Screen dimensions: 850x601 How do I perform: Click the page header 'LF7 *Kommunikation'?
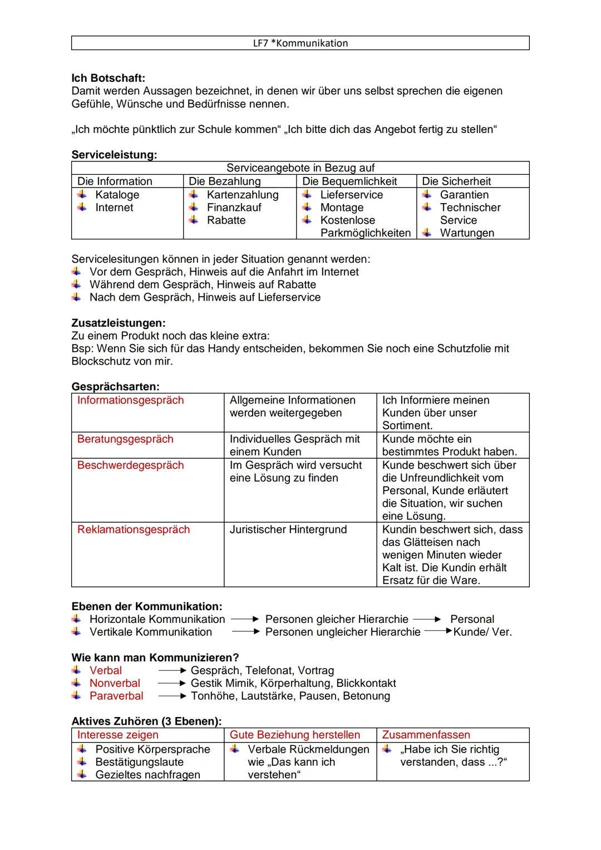tap(300, 43)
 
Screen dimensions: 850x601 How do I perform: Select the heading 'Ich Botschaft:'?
tap(108, 78)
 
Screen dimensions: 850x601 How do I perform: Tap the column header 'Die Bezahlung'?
tap(224, 181)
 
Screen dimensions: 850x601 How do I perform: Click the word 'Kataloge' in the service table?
tap(117, 195)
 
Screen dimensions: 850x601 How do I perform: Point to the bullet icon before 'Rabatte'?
tap(194, 220)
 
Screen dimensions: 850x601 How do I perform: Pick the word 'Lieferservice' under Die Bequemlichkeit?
tap(351, 195)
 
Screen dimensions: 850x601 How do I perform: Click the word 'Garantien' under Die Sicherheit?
tap(464, 195)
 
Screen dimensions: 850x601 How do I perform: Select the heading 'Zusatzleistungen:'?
tap(119, 323)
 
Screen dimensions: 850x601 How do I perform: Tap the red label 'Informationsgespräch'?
tap(130, 400)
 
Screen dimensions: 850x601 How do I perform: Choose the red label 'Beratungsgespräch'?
tap(125, 439)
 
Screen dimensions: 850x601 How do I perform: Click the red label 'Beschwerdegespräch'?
tap(130, 465)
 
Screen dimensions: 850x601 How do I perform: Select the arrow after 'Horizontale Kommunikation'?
tap(245, 619)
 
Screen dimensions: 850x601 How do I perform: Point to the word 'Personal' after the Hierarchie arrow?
tap(472, 619)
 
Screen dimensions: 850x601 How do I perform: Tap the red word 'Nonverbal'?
tap(115, 683)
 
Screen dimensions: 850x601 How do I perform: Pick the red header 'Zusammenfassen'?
tap(426, 735)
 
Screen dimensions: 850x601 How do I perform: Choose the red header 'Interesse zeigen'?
tap(117, 735)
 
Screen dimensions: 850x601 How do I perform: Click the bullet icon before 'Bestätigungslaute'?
tap(82, 762)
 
